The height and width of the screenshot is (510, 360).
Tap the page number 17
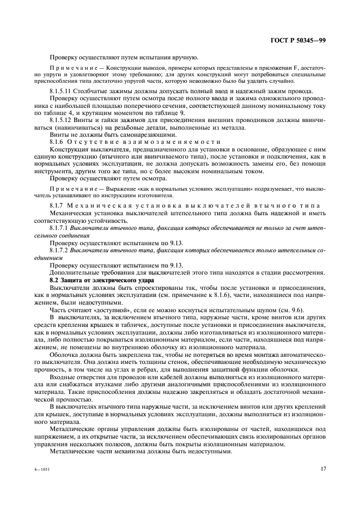(x=322, y=467)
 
